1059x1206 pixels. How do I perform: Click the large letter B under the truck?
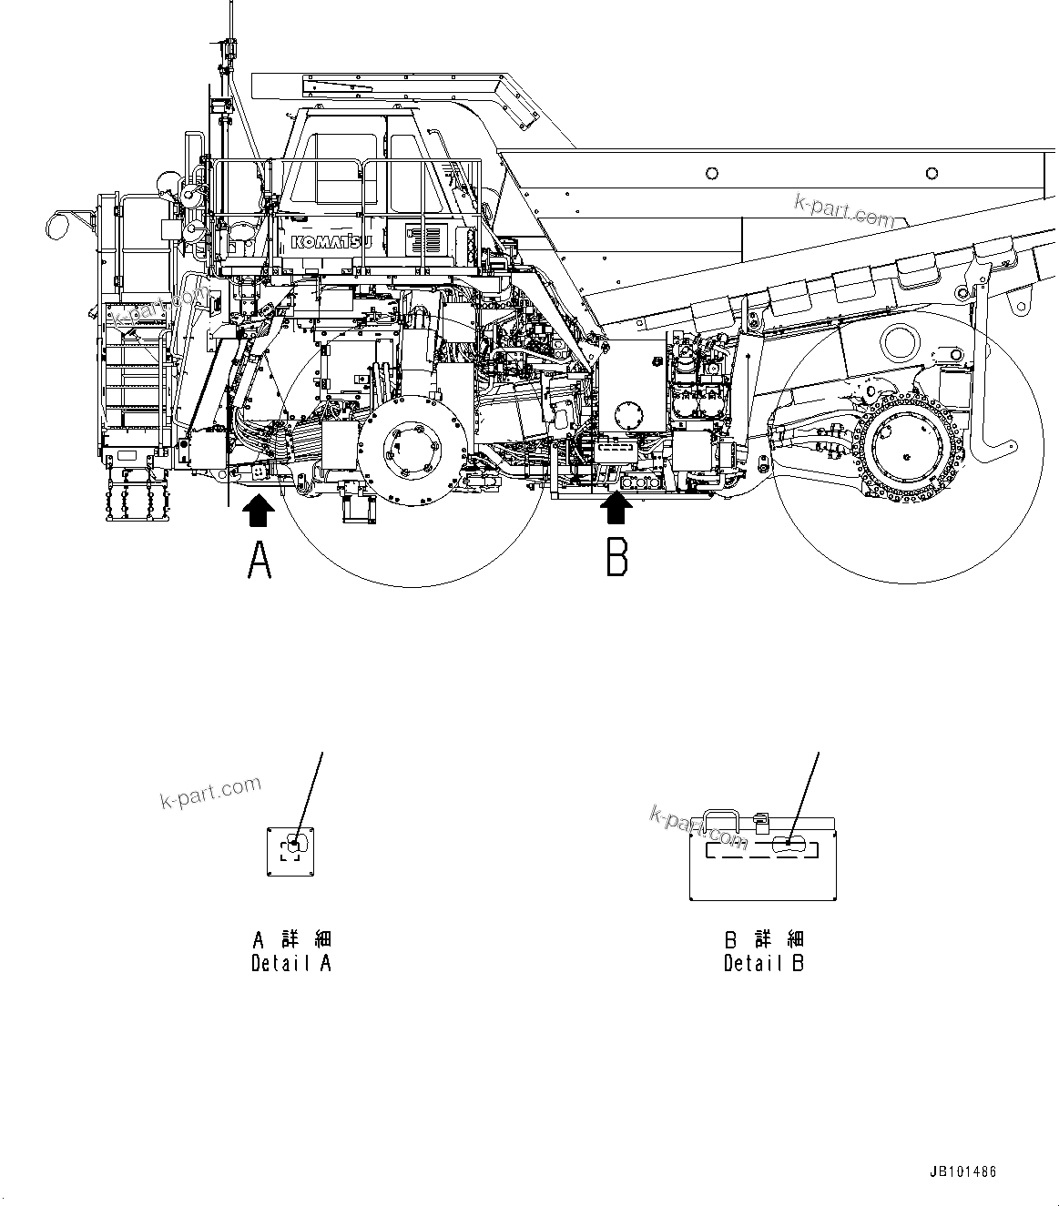click(616, 557)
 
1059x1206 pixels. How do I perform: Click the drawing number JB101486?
click(962, 1171)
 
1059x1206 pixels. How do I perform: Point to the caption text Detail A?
click(291, 963)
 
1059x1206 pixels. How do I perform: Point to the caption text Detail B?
click(764, 963)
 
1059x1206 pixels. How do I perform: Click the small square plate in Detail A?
click(290, 852)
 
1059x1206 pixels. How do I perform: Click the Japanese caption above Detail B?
click(764, 939)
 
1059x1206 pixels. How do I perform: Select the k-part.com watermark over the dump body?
click(843, 211)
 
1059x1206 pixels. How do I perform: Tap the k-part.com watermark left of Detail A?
click(210, 792)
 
